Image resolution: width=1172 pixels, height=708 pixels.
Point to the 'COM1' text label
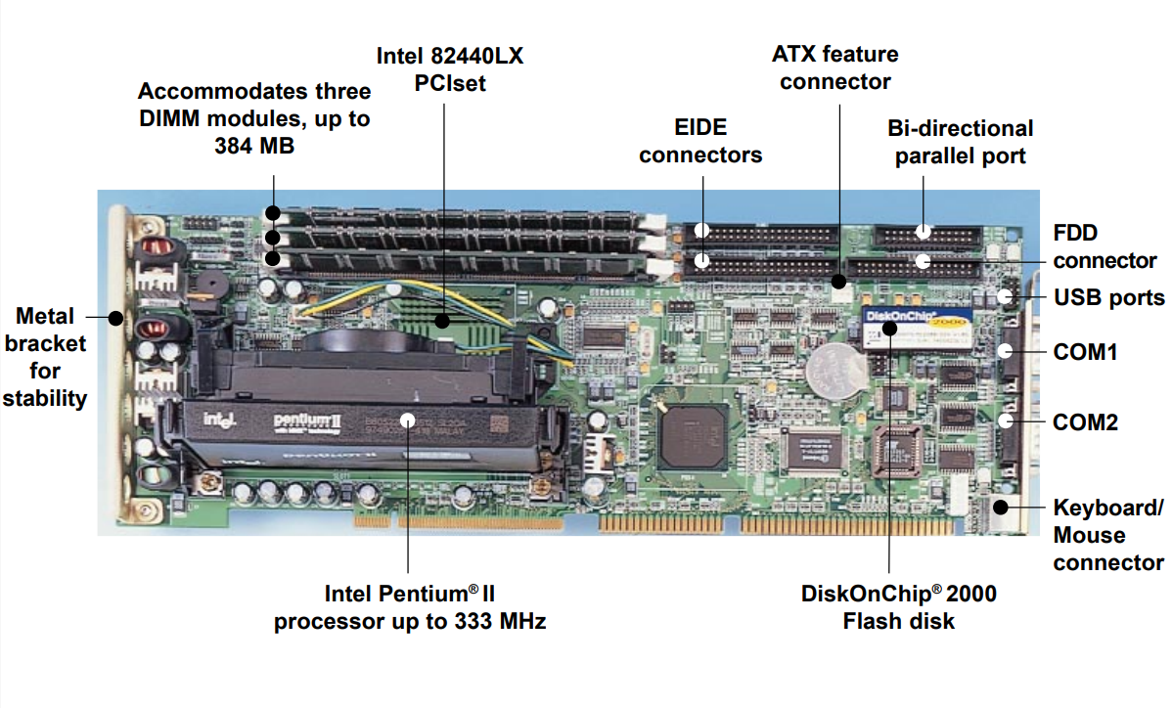coord(1085,351)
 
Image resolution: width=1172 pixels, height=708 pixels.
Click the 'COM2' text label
coord(1085,422)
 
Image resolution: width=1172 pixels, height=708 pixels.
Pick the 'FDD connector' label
coord(1104,246)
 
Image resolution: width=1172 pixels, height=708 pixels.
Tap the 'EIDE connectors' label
coord(700,141)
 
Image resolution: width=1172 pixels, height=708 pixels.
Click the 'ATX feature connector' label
coord(834,67)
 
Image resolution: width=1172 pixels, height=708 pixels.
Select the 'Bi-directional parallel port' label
coord(960,142)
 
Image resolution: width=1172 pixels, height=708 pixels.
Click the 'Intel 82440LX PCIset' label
coord(450,69)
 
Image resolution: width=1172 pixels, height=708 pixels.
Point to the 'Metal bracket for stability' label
coord(45,357)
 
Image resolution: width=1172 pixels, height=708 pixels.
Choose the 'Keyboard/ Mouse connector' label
coord(1108,535)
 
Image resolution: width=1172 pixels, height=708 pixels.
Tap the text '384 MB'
coord(254,146)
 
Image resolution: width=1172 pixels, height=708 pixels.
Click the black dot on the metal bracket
coord(116,317)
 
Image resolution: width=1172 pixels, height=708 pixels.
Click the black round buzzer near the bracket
coord(208,285)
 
